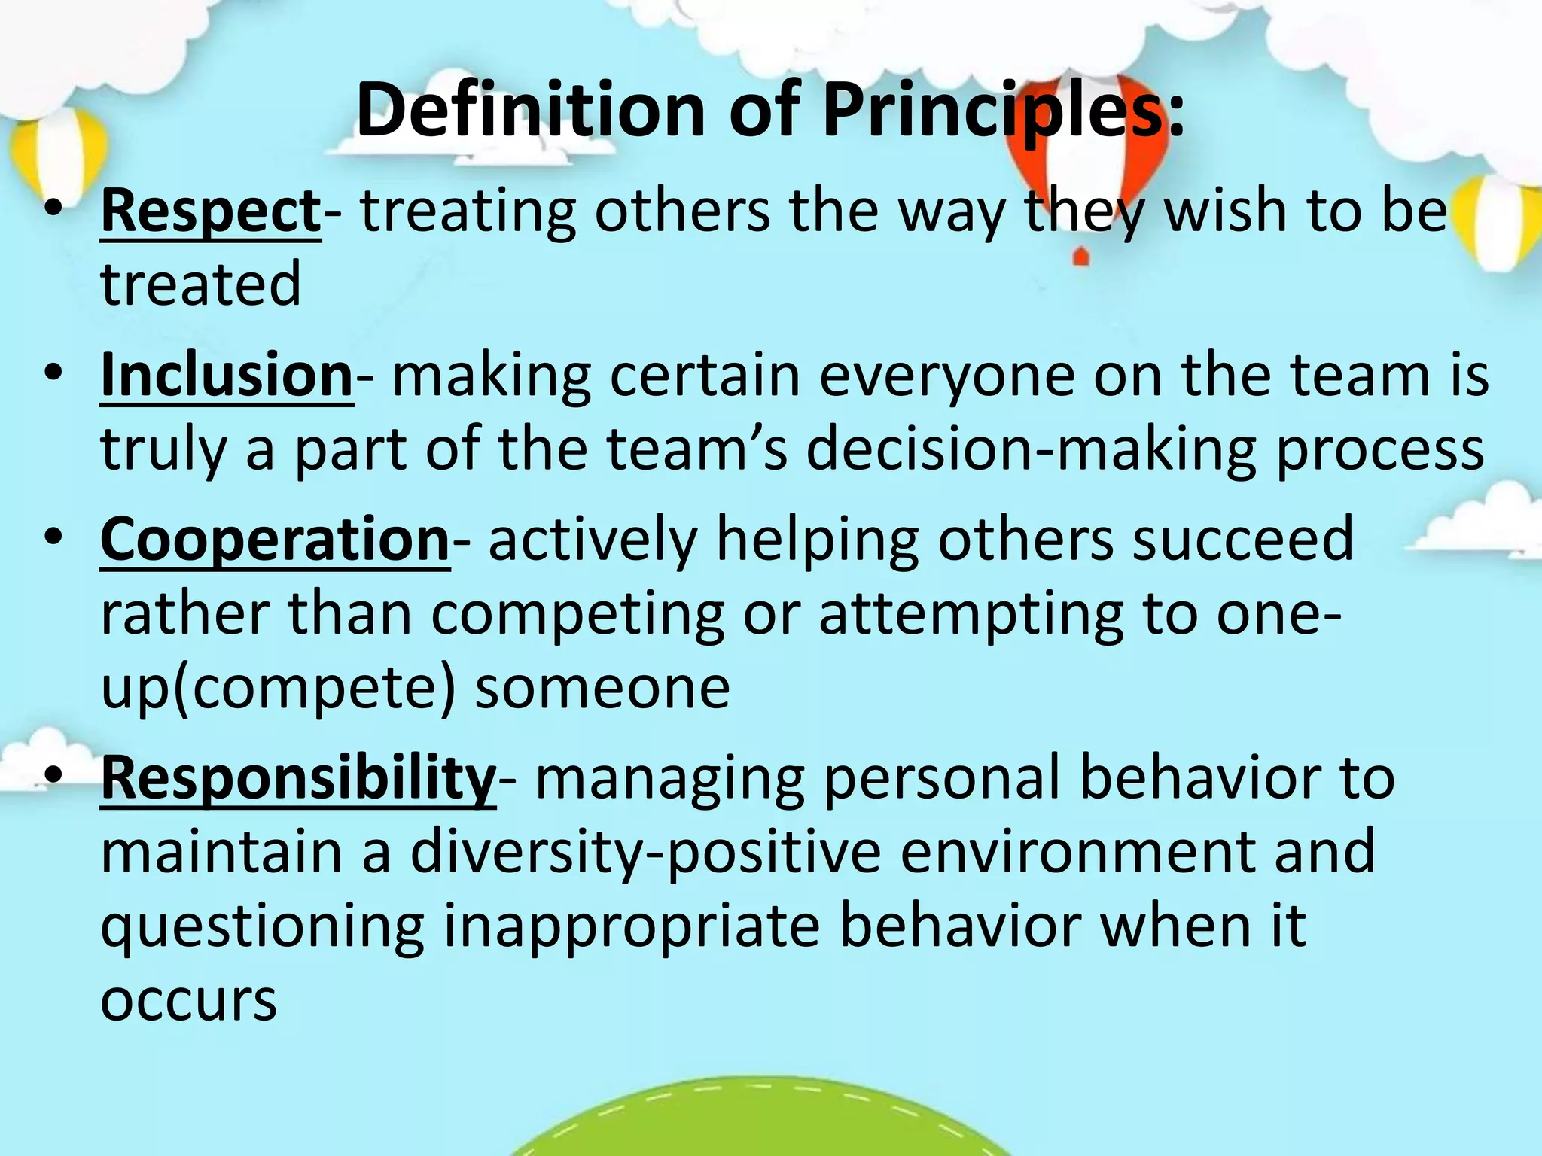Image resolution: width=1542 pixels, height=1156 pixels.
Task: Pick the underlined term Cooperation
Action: point(275,539)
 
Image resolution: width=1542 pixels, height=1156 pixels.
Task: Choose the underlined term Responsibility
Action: point(298,778)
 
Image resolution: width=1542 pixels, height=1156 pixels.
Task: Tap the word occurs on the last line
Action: point(188,1001)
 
